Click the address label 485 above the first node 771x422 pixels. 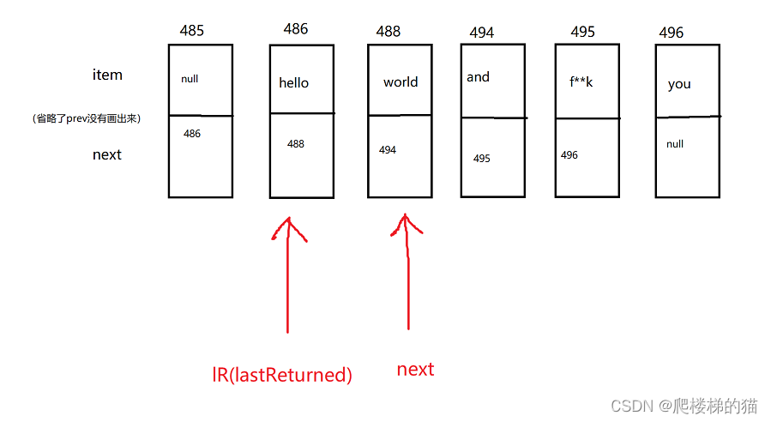point(192,30)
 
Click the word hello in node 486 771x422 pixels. point(293,83)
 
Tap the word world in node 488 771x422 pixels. point(401,82)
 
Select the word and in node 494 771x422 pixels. point(478,77)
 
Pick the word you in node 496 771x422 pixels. point(679,84)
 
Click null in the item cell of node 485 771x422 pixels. point(190,79)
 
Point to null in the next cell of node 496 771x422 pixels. point(675,144)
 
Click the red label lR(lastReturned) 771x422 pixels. point(282,375)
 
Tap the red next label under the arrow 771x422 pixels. point(415,370)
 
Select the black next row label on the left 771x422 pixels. point(107,154)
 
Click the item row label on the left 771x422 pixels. point(107,75)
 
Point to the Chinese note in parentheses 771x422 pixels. point(86,119)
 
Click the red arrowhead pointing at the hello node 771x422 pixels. point(290,227)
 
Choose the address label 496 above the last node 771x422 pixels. point(671,33)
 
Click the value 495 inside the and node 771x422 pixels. point(481,159)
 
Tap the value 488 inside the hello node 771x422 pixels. point(296,144)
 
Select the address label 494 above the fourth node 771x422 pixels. point(481,33)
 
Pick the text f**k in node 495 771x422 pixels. point(581,82)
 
